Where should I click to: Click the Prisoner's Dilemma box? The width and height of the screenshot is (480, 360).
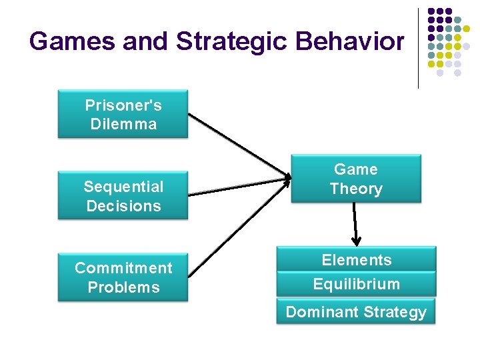click(x=123, y=115)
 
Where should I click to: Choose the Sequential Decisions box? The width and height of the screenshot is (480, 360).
click(x=123, y=196)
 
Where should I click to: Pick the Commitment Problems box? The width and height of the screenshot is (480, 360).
click(x=123, y=277)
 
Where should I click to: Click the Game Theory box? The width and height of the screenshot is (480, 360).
click(x=356, y=179)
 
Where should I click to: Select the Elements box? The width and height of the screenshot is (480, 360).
click(x=357, y=259)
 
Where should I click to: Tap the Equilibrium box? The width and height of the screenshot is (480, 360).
click(x=357, y=284)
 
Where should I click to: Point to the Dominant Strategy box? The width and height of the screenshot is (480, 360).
click(x=356, y=311)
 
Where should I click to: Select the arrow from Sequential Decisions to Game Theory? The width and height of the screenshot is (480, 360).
click(x=240, y=186)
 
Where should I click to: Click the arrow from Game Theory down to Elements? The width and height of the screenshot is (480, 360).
click(x=355, y=224)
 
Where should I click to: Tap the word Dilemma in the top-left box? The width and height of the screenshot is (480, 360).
click(x=123, y=124)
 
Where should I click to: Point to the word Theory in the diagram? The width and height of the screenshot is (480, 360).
click(x=356, y=189)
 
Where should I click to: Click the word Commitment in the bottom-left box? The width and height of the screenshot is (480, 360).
click(x=123, y=268)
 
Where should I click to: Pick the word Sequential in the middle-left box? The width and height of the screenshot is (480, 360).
click(x=123, y=187)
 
